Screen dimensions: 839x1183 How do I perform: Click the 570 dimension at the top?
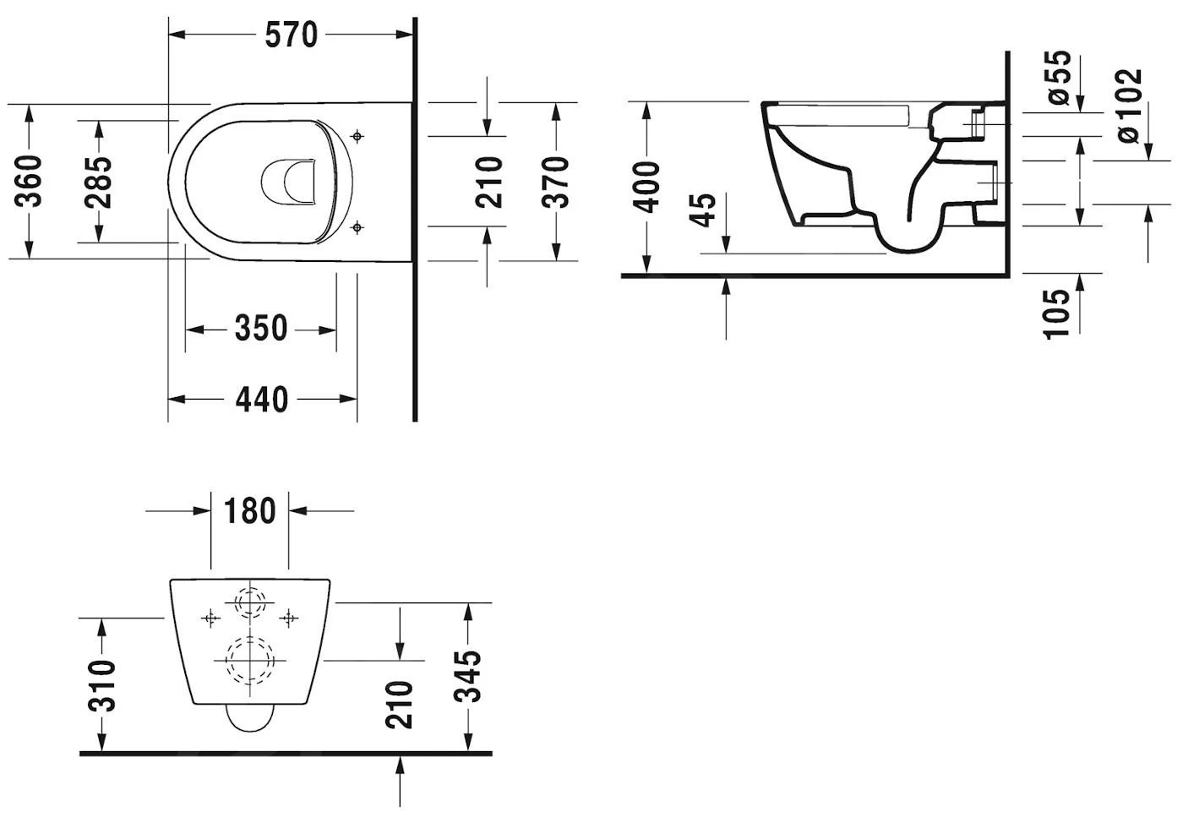[291, 35]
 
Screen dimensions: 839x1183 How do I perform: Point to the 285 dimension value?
[98, 182]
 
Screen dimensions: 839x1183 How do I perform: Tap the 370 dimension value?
[555, 182]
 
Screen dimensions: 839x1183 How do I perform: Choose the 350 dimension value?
[260, 329]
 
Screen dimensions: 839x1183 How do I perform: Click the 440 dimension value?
[261, 399]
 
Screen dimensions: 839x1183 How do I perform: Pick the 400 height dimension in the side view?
[646, 187]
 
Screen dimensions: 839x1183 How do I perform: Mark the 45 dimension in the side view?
[703, 210]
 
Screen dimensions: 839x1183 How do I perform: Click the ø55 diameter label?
[1059, 77]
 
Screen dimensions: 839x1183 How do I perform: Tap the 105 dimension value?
[1056, 313]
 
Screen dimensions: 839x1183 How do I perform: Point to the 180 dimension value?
[249, 511]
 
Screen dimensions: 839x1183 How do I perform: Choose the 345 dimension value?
[467, 676]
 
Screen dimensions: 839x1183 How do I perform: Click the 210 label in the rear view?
[399, 704]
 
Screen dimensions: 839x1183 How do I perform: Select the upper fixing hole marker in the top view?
[357, 135]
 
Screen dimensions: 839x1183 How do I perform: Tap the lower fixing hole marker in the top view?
[357, 226]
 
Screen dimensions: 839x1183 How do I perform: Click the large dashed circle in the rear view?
[249, 659]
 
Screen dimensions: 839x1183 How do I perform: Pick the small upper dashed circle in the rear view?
[249, 603]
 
